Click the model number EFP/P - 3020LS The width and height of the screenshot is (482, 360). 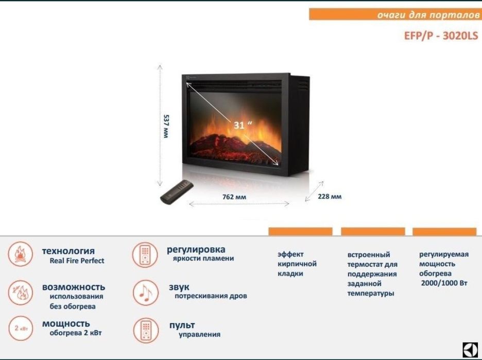tap(441, 37)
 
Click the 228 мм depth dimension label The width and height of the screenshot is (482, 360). tap(329, 196)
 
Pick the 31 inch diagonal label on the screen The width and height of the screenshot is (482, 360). tap(243, 125)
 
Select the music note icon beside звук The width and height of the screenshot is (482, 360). tap(145, 293)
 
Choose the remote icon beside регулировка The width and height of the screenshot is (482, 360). tap(145, 254)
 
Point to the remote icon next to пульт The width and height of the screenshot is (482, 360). tap(145, 330)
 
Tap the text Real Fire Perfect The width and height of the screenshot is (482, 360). tap(77, 261)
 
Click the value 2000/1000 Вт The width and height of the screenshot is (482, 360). tap(443, 283)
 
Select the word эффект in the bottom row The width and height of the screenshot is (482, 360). tap(290, 254)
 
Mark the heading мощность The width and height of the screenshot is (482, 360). tap(66, 324)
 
